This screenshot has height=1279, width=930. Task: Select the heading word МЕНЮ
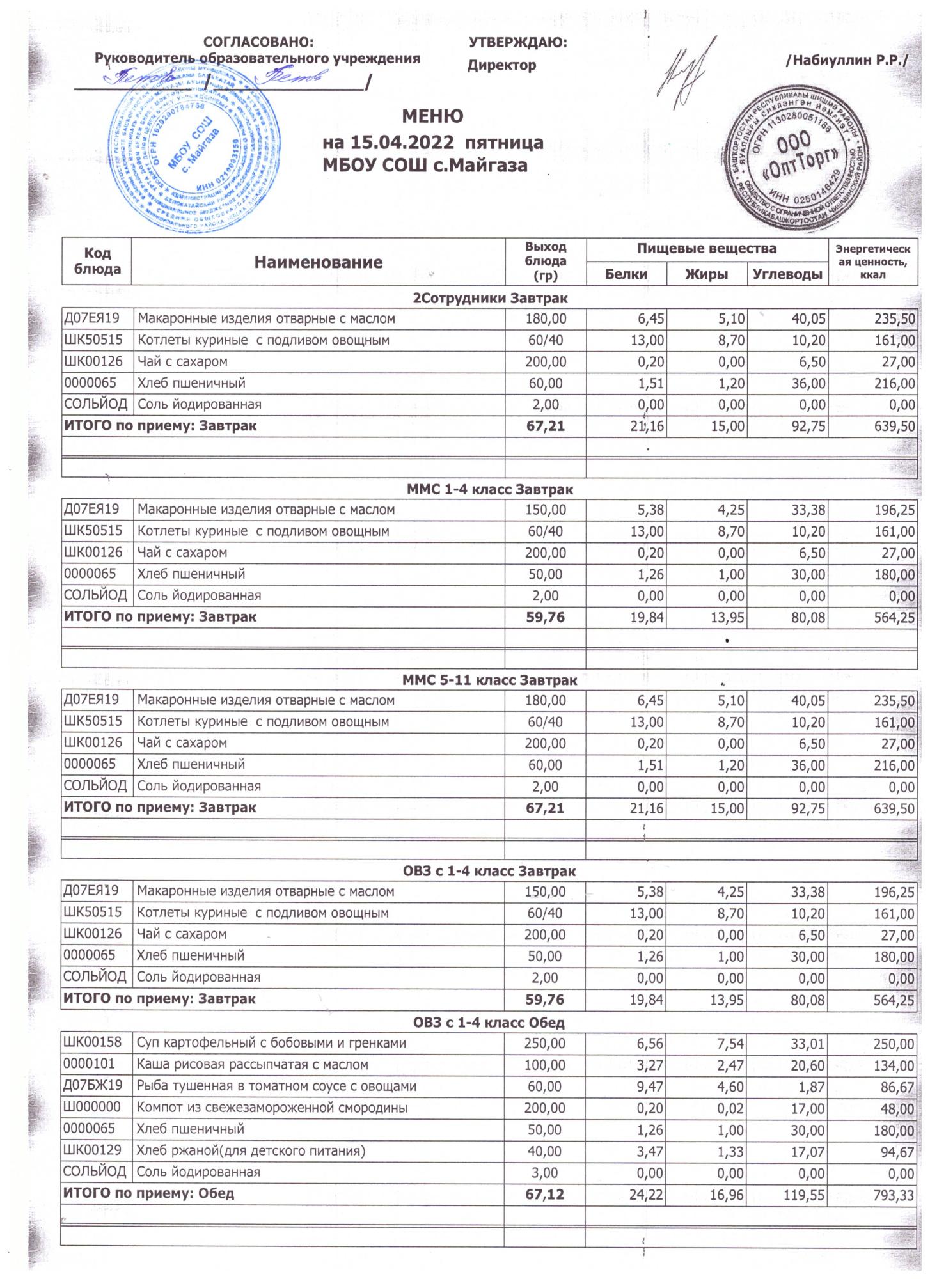pyautogui.click(x=432, y=116)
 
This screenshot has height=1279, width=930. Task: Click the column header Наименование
pyautogui.click(x=318, y=262)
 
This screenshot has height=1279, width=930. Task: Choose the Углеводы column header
pyautogui.click(x=787, y=274)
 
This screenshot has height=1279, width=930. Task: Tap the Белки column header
pyautogui.click(x=626, y=274)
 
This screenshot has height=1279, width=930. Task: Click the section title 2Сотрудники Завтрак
pyautogui.click(x=490, y=298)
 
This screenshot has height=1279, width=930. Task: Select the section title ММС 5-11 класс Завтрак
pyautogui.click(x=489, y=680)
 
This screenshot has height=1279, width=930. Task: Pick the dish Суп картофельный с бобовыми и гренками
pyautogui.click(x=272, y=1044)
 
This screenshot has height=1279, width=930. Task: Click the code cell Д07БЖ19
pyautogui.click(x=93, y=1086)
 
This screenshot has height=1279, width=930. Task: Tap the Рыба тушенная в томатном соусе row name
pyautogui.click(x=276, y=1087)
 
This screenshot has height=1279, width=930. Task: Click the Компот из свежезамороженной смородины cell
pyautogui.click(x=272, y=1108)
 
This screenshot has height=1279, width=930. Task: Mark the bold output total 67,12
pyautogui.click(x=545, y=1194)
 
